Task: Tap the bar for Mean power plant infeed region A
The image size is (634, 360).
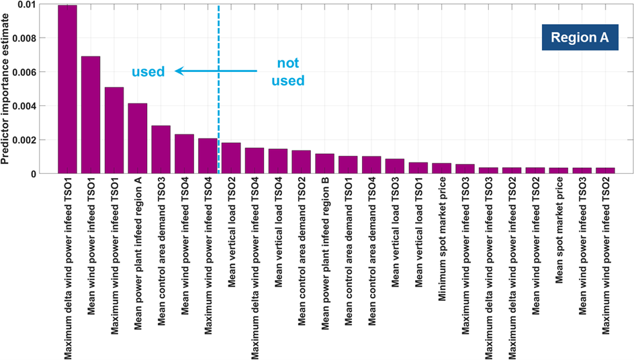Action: coord(138,138)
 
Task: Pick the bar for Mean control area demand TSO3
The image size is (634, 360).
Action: coord(161,150)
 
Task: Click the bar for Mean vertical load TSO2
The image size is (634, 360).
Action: coord(231,159)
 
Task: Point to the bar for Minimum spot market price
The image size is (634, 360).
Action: coord(441,169)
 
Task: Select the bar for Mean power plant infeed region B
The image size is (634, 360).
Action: coord(324,164)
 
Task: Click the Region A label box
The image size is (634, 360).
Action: coord(580,38)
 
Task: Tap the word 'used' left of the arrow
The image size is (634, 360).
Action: coord(148,71)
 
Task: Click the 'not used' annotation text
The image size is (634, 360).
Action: coord(291,72)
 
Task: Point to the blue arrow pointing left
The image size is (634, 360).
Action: coord(215,71)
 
